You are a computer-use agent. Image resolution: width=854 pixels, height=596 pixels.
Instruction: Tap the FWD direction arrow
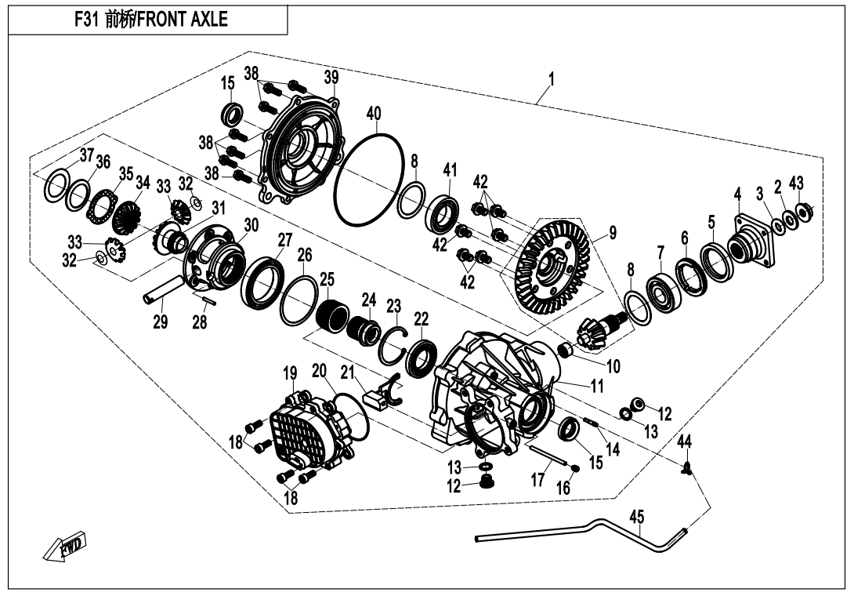(x=66, y=549)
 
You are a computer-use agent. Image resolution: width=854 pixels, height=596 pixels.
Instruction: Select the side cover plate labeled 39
(x=302, y=149)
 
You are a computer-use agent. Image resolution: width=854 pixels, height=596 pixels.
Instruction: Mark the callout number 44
(x=684, y=442)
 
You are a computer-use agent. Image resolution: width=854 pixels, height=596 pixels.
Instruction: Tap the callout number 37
(x=85, y=153)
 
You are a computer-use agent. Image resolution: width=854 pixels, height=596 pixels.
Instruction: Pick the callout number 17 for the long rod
(x=538, y=480)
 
